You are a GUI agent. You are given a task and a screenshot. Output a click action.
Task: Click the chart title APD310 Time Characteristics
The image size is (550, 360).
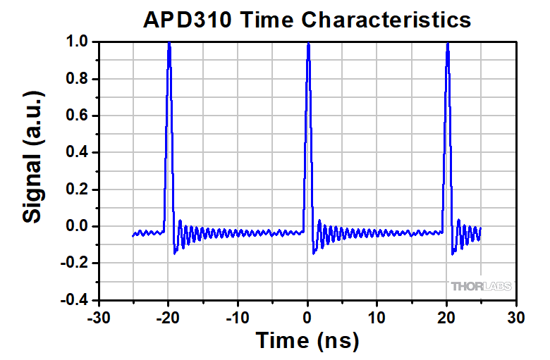pos(307,19)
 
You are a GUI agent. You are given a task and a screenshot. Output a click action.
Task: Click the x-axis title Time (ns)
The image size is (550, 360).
pos(307,340)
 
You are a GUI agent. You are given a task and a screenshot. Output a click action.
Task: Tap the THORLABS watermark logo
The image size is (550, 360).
pos(482,286)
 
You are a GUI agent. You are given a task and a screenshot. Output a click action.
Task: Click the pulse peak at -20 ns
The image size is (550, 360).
pos(169,44)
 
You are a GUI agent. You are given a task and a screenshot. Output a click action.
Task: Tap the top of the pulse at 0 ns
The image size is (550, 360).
pos(308,44)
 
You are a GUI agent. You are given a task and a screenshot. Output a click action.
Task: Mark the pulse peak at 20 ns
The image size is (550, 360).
pos(448,44)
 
